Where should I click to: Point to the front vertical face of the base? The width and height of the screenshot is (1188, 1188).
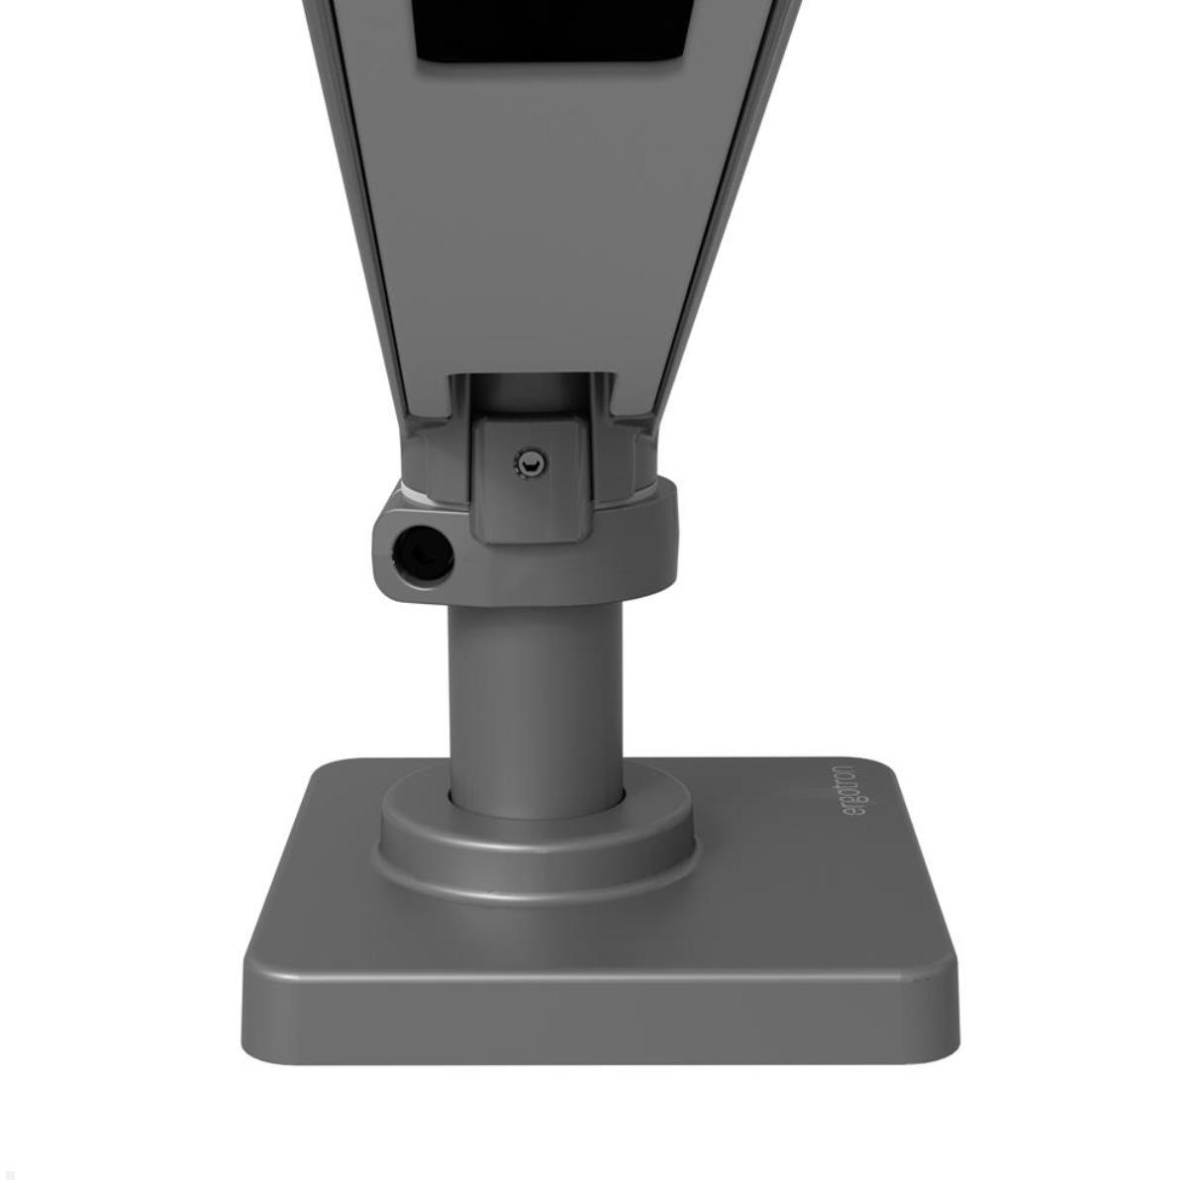pos(599,1020)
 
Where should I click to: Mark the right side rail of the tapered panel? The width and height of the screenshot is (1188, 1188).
pos(724,198)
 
